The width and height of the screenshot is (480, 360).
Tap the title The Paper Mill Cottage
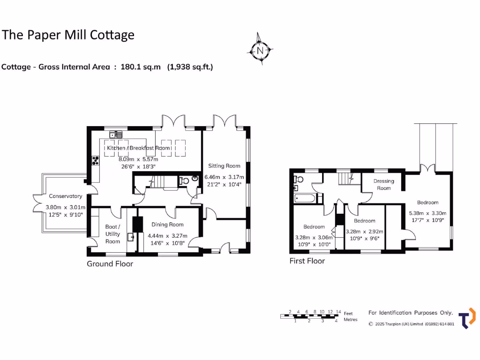68,35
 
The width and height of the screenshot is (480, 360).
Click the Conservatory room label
66,196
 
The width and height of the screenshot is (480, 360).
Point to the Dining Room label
167,225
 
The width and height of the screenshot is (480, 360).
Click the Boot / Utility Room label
112,234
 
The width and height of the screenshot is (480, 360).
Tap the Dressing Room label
383,184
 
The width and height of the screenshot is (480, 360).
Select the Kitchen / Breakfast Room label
138,148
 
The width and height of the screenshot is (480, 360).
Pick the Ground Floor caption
110,264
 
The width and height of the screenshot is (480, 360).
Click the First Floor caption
307,261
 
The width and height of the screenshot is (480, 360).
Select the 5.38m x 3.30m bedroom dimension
427,212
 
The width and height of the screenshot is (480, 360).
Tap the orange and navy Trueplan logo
466,318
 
